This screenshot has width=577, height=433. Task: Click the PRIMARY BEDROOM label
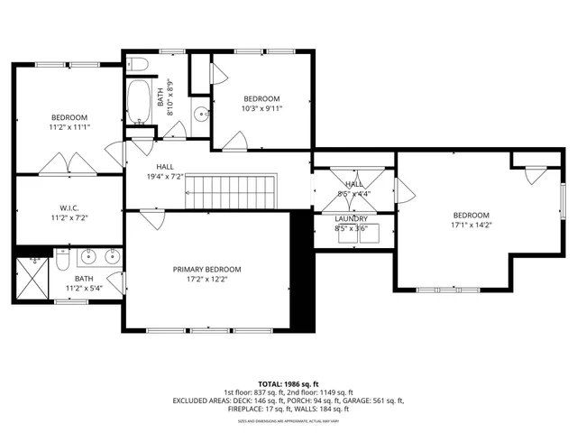[x=207, y=269]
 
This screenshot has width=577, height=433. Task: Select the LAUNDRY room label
[x=351, y=218]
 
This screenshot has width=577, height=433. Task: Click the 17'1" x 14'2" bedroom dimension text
[x=471, y=226]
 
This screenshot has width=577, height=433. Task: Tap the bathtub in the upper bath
[x=140, y=103]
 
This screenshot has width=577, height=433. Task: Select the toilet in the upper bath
[x=136, y=63]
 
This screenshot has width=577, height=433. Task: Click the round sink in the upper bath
[x=199, y=114]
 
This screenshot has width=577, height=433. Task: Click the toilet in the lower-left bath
[x=62, y=260]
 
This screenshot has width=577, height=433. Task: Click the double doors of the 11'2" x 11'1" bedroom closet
[x=69, y=164]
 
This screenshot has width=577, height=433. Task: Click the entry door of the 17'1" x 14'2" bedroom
[x=404, y=191]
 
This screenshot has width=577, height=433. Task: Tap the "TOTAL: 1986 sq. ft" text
[x=288, y=383]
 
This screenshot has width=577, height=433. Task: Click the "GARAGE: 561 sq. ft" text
[x=376, y=401]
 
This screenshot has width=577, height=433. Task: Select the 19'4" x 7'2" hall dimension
[x=165, y=178]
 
